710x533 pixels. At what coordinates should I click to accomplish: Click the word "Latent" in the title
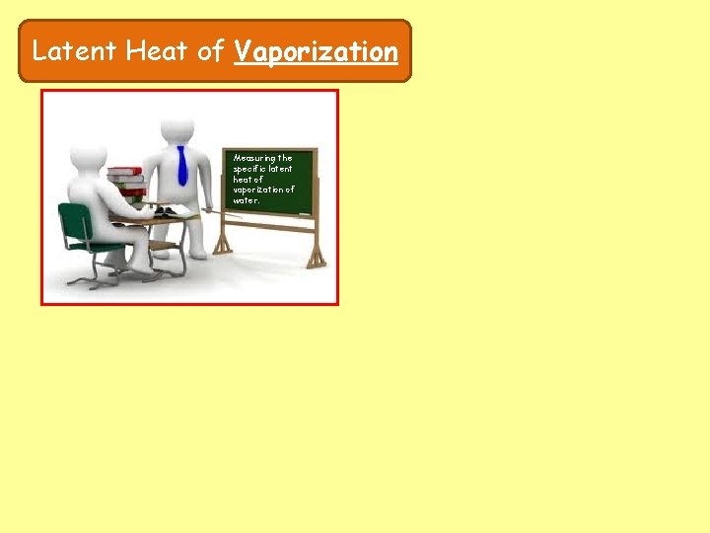[75, 51]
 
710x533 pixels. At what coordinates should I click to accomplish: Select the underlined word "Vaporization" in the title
[316, 51]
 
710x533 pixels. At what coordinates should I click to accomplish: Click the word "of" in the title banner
[211, 51]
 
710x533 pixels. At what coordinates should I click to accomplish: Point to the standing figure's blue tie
[181, 165]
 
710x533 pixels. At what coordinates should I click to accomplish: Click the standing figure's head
[177, 129]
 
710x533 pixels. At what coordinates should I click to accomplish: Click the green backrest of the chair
[72, 220]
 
